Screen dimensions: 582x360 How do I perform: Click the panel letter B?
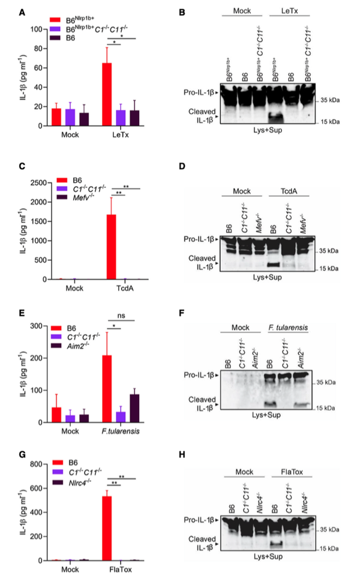(182, 12)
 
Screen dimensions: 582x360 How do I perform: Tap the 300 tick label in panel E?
(41, 326)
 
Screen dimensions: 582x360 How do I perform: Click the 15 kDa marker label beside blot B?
(331, 122)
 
